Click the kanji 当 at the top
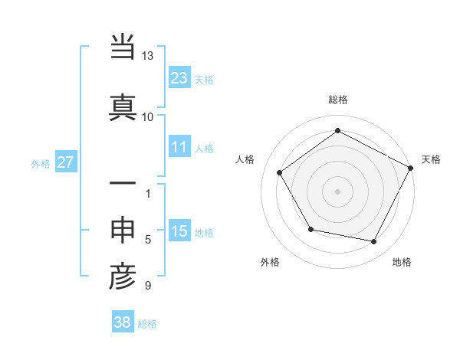coord(123,48)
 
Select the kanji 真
coord(123,106)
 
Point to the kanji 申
coord(123,231)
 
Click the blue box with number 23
coord(179,78)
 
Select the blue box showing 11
coord(179,147)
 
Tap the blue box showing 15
coord(179,231)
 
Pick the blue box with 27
coord(65,162)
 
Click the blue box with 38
coord(123,322)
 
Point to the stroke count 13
coord(147,56)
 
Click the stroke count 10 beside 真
coord(147,116)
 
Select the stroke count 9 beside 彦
coord(147,286)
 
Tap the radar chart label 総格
coord(337,100)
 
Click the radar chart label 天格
coord(431,159)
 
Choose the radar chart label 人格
coord(245,159)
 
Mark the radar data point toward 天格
coord(411,168)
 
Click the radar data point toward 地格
coord(374,242)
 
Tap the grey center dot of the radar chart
coord(337,191)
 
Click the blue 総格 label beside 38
coord(147,324)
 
